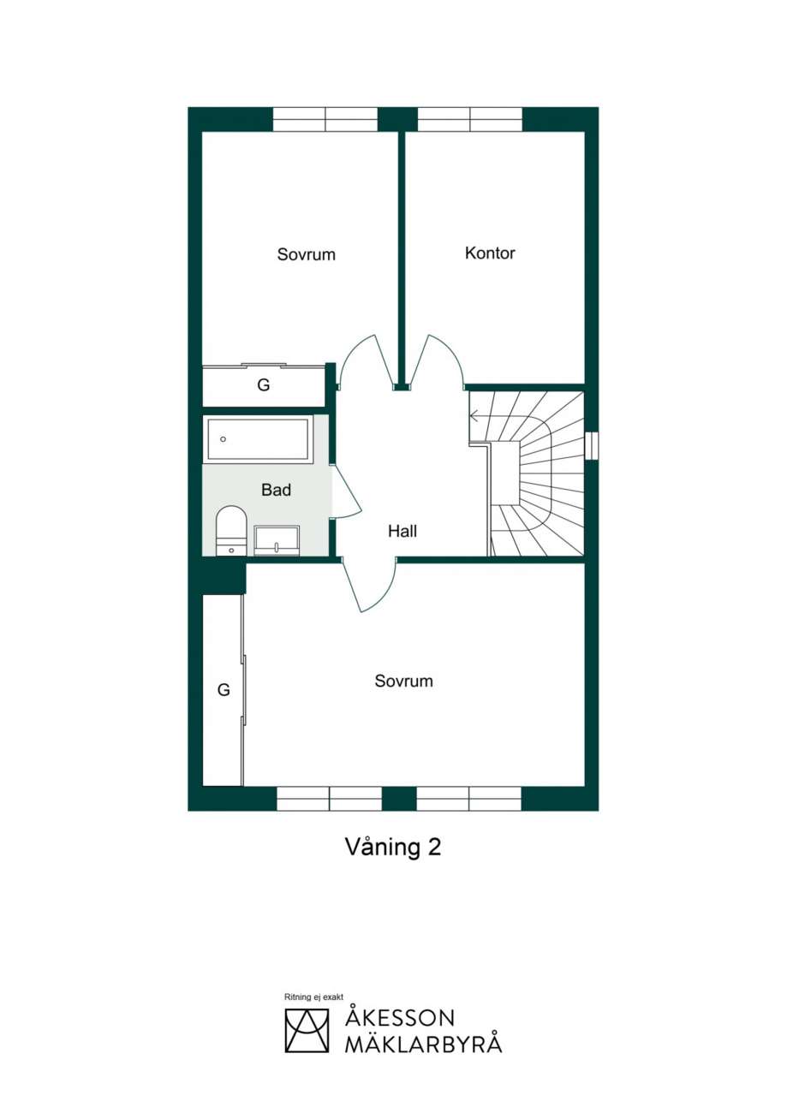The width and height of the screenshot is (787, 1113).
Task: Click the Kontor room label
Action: pos(489,253)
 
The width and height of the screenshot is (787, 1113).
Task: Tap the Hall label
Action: pos(402,531)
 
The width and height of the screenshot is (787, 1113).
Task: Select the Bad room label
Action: pos(276,490)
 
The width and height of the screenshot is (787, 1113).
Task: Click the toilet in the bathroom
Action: pos(231,530)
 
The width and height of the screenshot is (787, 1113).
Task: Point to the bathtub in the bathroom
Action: pos(258,439)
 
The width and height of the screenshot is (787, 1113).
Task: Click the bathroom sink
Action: pos(277,540)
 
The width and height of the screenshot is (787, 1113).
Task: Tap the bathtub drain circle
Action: pos(223,439)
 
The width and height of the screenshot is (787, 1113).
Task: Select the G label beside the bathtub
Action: pos(263,384)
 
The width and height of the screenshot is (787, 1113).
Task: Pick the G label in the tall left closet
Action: pos(224,690)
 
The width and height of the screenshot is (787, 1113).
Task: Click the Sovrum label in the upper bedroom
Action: pos(306,254)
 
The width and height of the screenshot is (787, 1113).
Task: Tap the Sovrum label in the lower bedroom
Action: pos(403,681)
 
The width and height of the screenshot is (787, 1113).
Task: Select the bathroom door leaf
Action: pos(346,491)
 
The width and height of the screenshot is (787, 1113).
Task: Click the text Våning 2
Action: pos(393,847)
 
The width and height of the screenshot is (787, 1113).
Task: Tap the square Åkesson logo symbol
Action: pos(307,1031)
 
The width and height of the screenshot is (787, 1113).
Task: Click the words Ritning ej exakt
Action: pos(313,997)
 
